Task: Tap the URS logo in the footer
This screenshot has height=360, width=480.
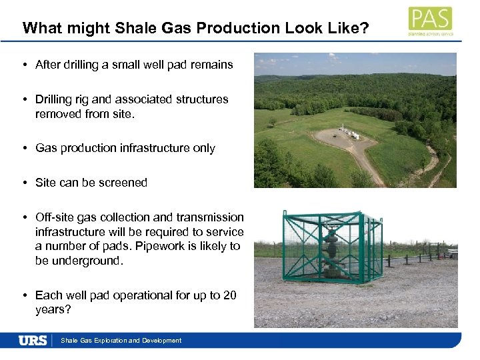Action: click(33, 341)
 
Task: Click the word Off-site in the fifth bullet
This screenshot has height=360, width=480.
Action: click(55, 217)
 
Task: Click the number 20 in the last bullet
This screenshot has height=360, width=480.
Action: click(229, 295)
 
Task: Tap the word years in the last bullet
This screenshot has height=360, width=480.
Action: click(51, 310)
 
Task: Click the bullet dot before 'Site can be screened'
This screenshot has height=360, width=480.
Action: click(23, 183)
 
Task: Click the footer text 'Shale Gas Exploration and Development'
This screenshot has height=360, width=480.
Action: click(121, 341)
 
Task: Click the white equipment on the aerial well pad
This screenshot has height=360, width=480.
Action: click(349, 131)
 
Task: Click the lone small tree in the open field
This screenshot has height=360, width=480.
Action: click(272, 123)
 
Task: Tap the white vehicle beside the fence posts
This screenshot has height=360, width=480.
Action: click(453, 253)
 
